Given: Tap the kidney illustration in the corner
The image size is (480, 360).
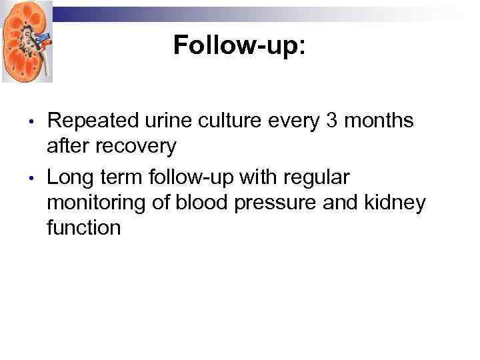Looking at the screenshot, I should point(27,41).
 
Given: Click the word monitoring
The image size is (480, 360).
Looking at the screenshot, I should point(96,203).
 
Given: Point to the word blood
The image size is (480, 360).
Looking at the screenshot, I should point(197,203).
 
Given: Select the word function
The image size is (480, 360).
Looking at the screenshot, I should point(84,228).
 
